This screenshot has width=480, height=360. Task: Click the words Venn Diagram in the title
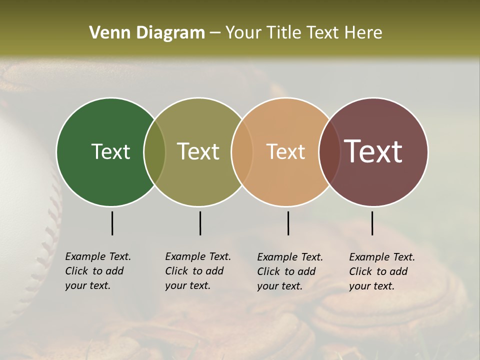tap(147, 33)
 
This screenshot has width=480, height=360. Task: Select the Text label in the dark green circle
tap(110, 151)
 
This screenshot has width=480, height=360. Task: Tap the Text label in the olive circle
tap(198, 151)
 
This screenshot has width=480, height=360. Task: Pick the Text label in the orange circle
tap(285, 151)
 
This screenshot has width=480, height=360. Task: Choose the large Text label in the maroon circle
tap(373, 151)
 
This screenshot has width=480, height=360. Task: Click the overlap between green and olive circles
tap(154, 151)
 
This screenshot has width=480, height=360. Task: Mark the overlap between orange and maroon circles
tap(329, 151)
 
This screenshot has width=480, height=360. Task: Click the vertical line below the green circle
tap(112, 223)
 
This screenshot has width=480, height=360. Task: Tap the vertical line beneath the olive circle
tap(200, 223)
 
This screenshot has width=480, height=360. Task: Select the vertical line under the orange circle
tap(288, 223)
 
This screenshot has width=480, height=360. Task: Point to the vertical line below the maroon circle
tap(372, 223)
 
